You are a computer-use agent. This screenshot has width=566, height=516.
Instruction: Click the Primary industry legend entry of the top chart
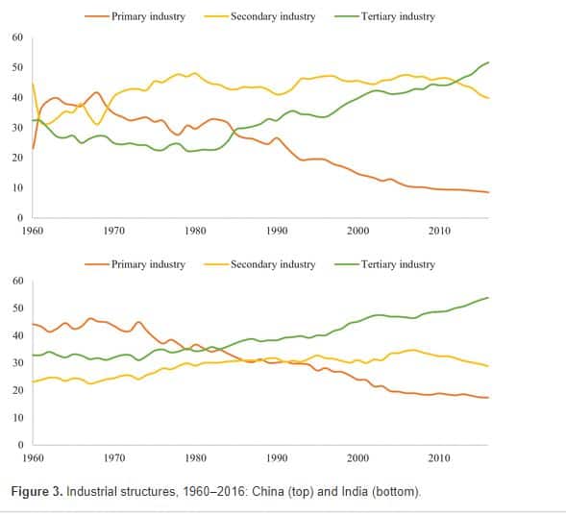click(135, 16)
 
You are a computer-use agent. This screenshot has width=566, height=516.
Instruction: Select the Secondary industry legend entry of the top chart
click(259, 16)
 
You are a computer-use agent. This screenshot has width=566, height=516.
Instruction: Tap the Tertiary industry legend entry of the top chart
click(384, 16)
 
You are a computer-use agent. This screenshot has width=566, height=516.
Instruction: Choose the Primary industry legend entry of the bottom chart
click(135, 264)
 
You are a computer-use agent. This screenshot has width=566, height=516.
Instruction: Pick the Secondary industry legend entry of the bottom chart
click(259, 264)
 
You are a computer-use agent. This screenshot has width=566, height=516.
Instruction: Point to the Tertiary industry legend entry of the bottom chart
click(384, 264)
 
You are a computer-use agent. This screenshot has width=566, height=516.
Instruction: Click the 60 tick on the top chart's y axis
click(17, 37)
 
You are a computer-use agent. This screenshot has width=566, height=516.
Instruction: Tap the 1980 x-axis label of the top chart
click(195, 231)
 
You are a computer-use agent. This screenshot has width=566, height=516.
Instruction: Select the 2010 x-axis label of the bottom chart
click(439, 458)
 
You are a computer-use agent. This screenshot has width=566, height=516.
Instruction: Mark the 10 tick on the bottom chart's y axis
click(17, 417)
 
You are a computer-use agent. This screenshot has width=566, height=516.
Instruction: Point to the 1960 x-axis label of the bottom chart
click(33, 458)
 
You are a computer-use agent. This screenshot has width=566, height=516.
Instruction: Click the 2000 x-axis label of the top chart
click(358, 231)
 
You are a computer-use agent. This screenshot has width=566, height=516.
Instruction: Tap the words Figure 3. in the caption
click(37, 492)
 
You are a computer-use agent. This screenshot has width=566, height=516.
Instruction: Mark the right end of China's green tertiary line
click(489, 62)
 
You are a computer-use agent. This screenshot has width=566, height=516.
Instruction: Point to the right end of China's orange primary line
click(489, 192)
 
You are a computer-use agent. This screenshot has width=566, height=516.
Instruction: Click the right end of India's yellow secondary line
click(489, 366)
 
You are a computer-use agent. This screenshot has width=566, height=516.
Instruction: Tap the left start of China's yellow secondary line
click(33, 84)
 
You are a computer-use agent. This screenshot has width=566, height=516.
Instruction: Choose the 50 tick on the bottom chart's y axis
click(17, 308)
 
